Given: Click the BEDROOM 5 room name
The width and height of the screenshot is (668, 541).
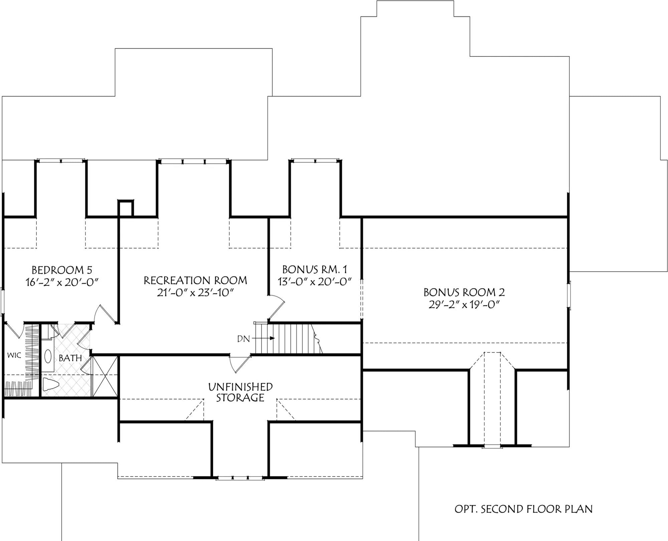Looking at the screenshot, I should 62,270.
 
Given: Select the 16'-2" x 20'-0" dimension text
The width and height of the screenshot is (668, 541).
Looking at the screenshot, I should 62,282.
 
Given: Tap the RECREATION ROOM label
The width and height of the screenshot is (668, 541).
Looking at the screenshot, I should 195,280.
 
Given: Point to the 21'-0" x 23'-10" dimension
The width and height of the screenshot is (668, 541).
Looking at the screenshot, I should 195,293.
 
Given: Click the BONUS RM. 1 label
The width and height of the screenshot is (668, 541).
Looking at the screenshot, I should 315,269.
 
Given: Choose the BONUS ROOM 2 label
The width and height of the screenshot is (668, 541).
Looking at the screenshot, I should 464,292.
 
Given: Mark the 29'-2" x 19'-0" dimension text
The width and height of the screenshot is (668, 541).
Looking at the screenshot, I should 464,305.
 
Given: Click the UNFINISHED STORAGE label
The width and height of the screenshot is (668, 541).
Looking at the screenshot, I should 240,392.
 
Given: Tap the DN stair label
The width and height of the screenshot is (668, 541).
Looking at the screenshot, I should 243,339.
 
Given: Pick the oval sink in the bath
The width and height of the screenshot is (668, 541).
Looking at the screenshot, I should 48,357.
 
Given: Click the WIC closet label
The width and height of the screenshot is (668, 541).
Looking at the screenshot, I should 14,355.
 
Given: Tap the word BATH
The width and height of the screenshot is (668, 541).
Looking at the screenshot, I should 70,358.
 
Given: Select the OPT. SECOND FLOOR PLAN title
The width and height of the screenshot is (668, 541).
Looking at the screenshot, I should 523,509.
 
